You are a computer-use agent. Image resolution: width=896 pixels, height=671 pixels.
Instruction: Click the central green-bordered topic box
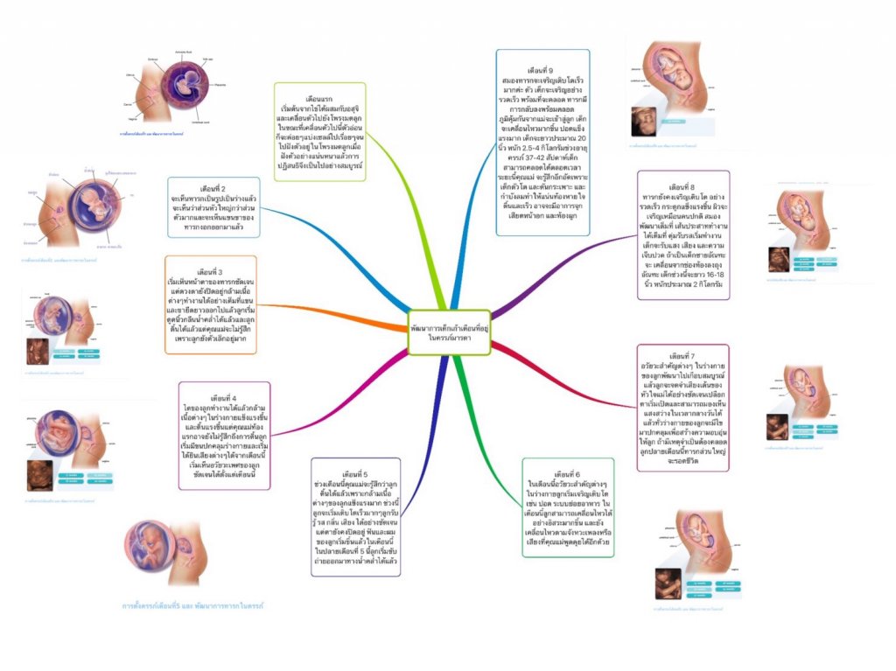(x=449, y=332)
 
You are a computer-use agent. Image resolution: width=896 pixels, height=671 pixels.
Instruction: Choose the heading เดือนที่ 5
(x=357, y=473)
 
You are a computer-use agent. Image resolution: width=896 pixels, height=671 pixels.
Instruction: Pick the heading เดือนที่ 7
(x=681, y=356)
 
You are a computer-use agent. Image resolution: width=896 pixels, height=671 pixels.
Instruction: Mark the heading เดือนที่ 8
(x=681, y=187)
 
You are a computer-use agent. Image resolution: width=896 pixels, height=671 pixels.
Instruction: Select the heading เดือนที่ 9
(x=541, y=68)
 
